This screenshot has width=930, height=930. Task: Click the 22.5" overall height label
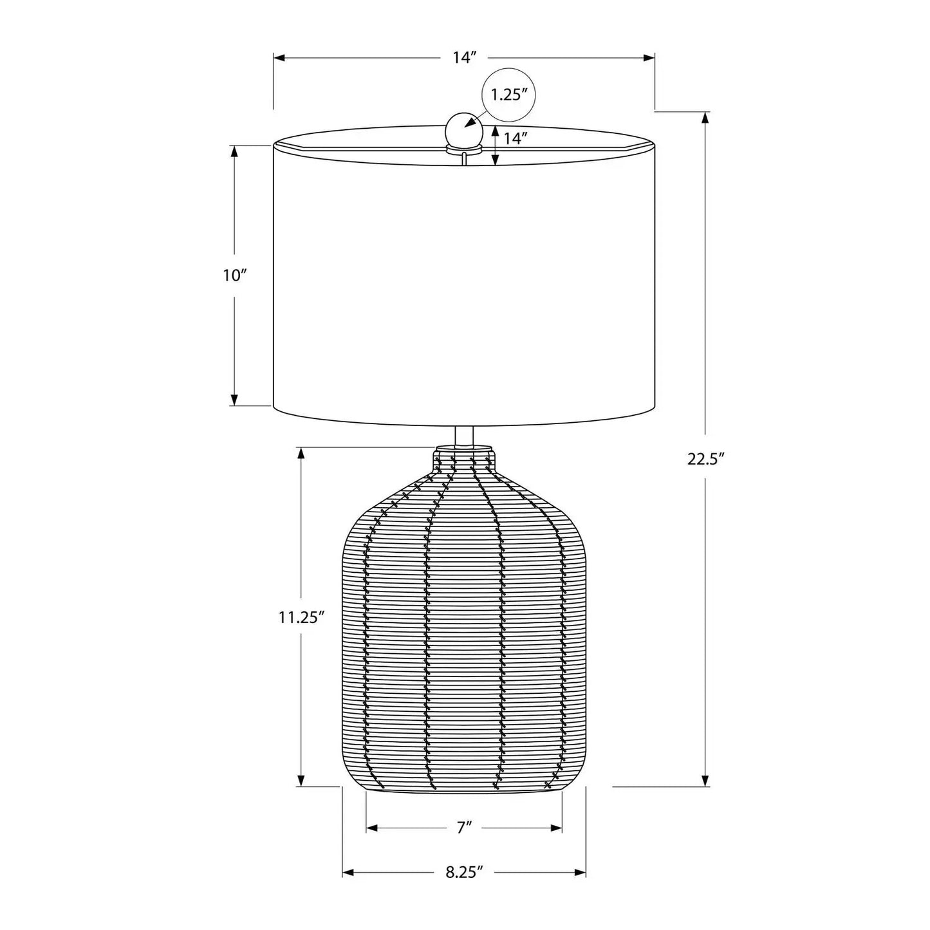706,460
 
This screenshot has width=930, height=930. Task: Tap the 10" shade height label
234,276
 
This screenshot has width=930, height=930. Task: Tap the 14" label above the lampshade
465,58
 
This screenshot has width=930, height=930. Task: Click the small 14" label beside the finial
514,138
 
